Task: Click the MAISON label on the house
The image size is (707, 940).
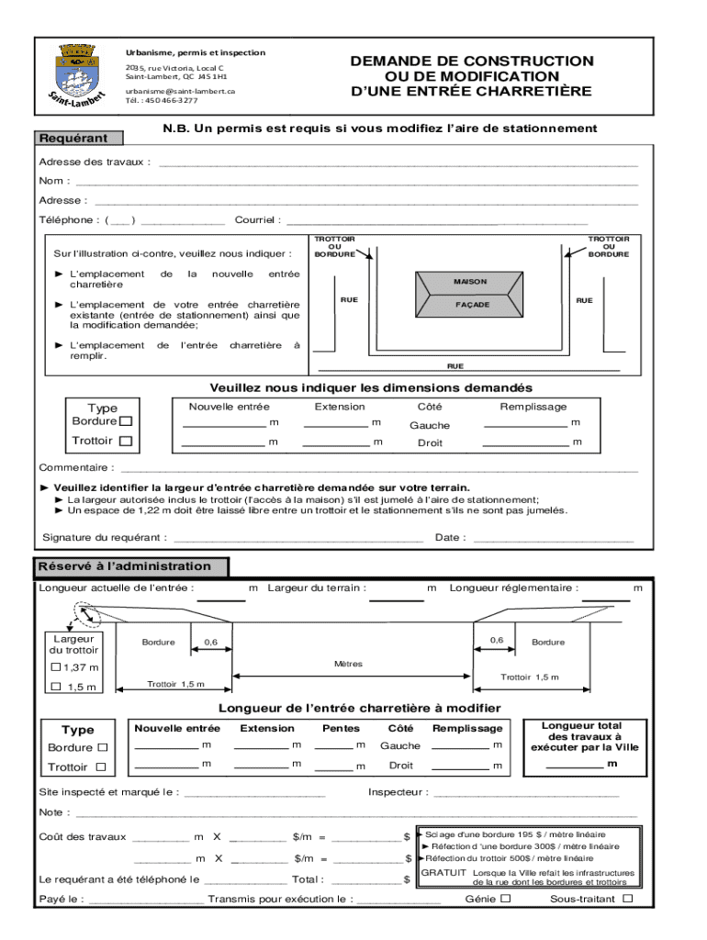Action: [x=470, y=282]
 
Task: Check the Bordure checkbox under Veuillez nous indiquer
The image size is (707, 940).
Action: [x=126, y=421]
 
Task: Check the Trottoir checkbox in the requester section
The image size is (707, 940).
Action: [x=126, y=442]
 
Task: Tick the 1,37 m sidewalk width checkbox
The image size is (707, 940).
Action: [x=57, y=666]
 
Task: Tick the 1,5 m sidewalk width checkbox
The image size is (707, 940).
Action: [x=57, y=686]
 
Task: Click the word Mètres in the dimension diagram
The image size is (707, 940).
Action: [x=349, y=664]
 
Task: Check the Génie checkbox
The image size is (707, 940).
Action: [x=505, y=899]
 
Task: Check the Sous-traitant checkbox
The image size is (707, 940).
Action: [x=628, y=899]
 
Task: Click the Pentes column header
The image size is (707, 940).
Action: [x=341, y=728]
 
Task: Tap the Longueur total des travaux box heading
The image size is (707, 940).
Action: [x=584, y=736]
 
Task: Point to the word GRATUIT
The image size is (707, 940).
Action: [x=443, y=872]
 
